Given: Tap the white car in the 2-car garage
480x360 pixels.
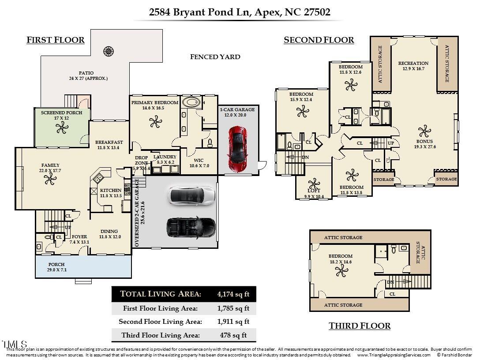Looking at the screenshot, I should (x=192, y=196).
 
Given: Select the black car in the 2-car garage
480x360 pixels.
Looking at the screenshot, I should (x=191, y=226).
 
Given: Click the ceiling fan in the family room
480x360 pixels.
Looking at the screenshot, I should (x=49, y=178).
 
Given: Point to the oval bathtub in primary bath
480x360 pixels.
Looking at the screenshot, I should (x=191, y=102).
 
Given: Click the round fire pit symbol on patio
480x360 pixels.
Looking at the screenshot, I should (x=109, y=51).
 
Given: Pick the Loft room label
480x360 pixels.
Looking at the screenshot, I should (x=314, y=191).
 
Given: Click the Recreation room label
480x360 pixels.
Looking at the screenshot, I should (x=413, y=63).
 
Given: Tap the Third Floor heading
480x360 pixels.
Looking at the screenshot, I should (x=360, y=326).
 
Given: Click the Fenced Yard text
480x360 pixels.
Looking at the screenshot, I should (x=215, y=56).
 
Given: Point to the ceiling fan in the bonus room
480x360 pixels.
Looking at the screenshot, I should (x=424, y=131).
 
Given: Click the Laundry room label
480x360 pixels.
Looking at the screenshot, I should (x=165, y=157).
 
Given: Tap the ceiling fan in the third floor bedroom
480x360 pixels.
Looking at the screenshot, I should (x=340, y=270).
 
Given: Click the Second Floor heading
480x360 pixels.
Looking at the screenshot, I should (x=319, y=40).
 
